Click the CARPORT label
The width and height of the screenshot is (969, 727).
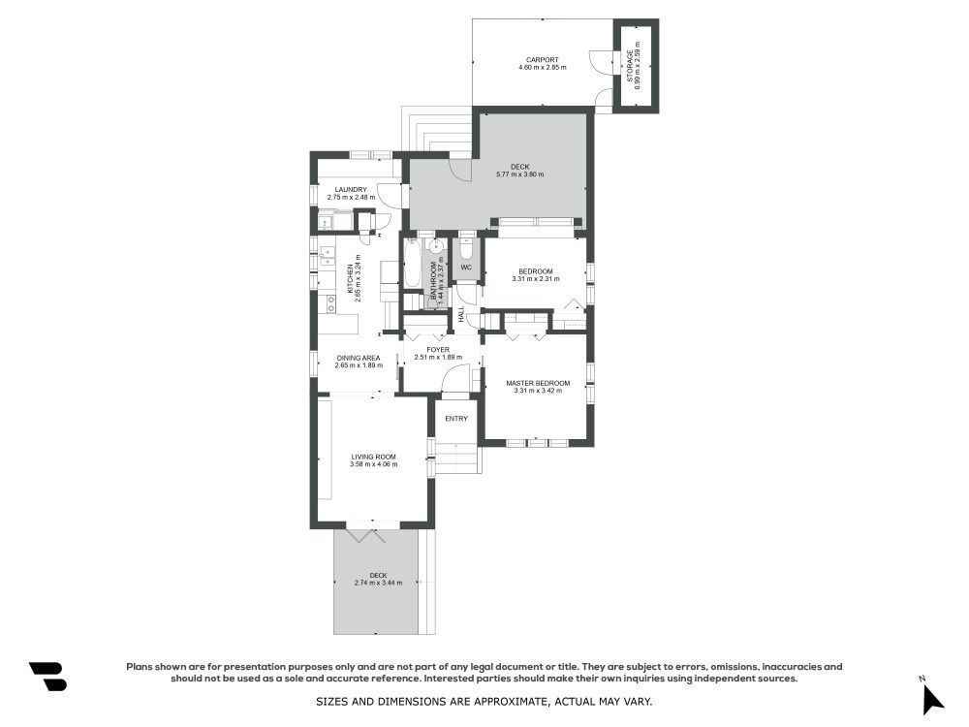[x=542, y=60]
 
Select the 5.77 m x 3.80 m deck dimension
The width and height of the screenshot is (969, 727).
[x=519, y=174]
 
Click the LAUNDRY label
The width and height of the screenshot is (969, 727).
[x=351, y=190]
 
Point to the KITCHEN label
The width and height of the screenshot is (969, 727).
[x=350, y=279]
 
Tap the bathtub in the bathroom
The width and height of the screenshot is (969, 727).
[x=411, y=262]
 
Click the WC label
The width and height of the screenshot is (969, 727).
[x=466, y=268]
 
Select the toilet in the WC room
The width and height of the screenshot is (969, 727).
[x=466, y=247]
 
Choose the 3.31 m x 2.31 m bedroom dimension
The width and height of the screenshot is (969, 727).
[x=535, y=279]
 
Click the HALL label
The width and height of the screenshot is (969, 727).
[x=461, y=314]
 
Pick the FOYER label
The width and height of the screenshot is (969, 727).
[x=438, y=350]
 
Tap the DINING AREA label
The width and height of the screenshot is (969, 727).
[x=358, y=358]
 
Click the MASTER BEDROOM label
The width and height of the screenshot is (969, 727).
[x=538, y=383]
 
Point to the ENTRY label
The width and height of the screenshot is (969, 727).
[x=456, y=419]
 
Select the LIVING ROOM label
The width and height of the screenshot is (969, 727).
[x=373, y=457]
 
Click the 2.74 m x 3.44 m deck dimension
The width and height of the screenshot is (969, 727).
[x=378, y=583]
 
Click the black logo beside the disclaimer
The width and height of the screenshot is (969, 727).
[x=48, y=677]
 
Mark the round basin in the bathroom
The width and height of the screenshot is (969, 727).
[x=436, y=246]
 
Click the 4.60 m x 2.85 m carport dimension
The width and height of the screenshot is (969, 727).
[x=542, y=68]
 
